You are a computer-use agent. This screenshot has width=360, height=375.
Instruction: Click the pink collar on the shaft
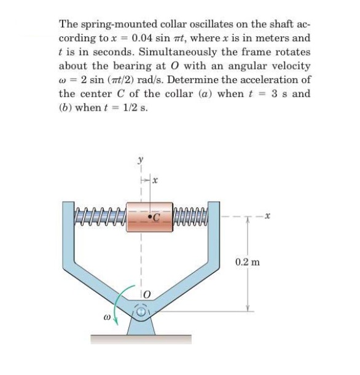click(x=148, y=216)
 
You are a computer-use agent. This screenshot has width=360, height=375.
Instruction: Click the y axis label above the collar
click(x=139, y=160)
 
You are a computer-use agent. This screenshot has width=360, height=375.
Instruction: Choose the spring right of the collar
click(x=192, y=216)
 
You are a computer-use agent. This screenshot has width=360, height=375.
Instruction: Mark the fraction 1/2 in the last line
click(x=133, y=107)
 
